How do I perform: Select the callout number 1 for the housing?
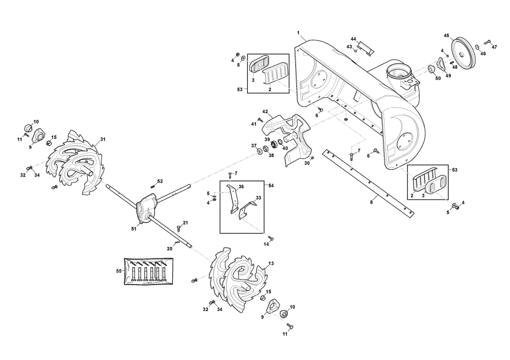298,33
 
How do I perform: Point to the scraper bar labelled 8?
369,184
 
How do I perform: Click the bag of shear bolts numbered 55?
148,271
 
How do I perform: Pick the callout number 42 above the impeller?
265,112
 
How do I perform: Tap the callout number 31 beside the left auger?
103,139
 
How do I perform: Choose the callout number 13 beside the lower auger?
271,264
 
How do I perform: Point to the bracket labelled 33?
248,210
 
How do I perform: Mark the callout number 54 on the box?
271,186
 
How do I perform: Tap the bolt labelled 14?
271,239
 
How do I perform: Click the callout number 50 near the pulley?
438,79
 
